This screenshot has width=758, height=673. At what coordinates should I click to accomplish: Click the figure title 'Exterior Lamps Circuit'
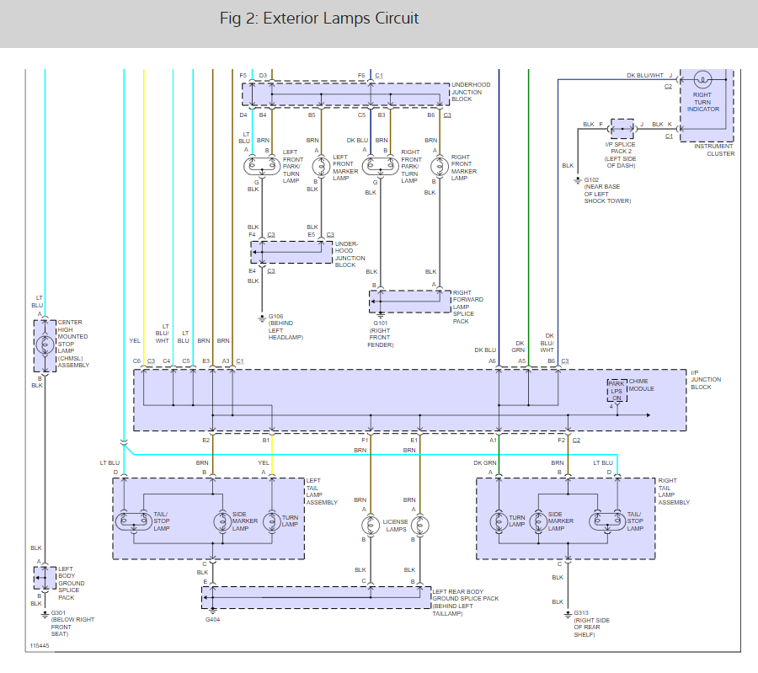coord(341,19)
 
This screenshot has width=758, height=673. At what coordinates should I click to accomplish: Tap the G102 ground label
coord(591,180)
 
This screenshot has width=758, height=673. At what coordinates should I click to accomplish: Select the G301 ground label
coord(58,612)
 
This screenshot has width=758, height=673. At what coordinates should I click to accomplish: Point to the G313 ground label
coord(581,612)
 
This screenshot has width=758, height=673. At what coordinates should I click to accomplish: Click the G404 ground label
coord(213,619)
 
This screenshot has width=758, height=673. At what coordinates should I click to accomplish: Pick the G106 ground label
coord(276,316)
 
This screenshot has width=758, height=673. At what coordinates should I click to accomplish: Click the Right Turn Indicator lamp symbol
coord(702,79)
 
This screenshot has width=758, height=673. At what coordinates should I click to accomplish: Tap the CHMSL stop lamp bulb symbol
coord(45,345)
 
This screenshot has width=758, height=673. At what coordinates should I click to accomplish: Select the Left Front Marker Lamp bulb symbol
coord(321,167)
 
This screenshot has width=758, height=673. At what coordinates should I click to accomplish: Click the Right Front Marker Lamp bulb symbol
coord(440,167)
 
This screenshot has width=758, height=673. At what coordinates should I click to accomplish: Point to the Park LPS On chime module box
coord(617,391)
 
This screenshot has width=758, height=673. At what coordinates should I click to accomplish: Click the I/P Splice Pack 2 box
coord(622,129)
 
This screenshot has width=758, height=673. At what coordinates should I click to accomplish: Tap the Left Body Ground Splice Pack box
coord(45,578)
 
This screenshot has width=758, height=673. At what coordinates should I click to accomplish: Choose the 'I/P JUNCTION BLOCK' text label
coord(706,380)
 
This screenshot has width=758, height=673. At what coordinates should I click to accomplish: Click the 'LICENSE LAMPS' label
coord(396,526)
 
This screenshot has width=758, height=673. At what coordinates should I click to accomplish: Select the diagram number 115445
coord(40,646)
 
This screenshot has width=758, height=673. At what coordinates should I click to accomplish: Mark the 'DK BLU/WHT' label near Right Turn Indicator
coord(645,76)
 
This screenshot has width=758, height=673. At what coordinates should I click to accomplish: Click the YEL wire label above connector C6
coord(135,341)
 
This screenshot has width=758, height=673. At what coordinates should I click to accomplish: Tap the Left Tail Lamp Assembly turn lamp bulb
coord(272,521)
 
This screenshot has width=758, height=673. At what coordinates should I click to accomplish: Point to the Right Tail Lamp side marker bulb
coord(538,521)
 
